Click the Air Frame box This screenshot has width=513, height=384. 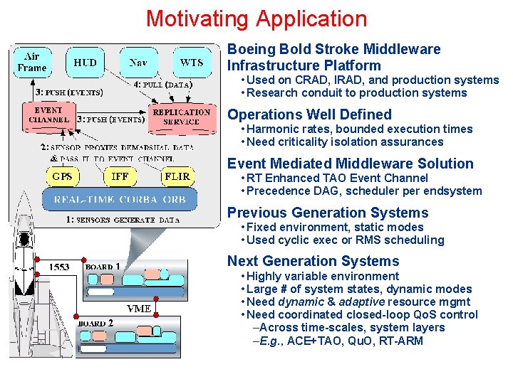[32, 63]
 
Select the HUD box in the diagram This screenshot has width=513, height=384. [85, 63]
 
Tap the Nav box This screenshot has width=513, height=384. [138, 63]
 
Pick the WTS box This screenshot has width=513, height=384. [191, 63]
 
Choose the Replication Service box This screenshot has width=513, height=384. [182, 117]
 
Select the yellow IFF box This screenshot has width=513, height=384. [120, 176]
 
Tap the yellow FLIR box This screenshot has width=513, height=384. [177, 176]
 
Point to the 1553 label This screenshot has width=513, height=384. [58, 267]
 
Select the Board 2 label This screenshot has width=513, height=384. [96, 322]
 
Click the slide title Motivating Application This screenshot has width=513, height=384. [256, 18]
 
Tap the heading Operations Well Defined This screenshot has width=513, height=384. [309, 114]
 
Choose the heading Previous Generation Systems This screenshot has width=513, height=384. [328, 213]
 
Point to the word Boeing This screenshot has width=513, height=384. [251, 49]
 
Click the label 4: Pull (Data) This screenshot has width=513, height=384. [165, 85]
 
